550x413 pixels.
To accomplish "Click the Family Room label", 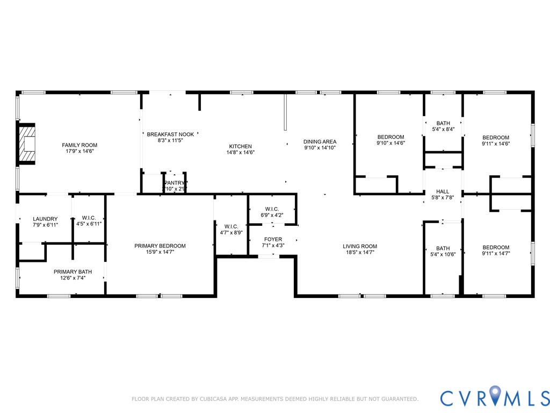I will click(x=79, y=145).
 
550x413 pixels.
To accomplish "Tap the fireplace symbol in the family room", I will click(x=27, y=144).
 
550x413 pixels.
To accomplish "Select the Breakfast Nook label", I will click(x=170, y=134).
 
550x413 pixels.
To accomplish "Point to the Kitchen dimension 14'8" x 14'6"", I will click(x=241, y=152).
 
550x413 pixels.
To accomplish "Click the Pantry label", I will click(x=175, y=183).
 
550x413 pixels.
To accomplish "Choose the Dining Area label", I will click(x=320, y=142).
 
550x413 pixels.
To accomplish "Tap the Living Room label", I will click(x=360, y=246).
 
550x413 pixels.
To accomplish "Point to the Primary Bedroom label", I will click(x=160, y=246).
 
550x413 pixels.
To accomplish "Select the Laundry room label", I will click(x=45, y=219).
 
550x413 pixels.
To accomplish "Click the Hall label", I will click(x=443, y=191).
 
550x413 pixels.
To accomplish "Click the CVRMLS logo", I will click(x=495, y=397).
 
